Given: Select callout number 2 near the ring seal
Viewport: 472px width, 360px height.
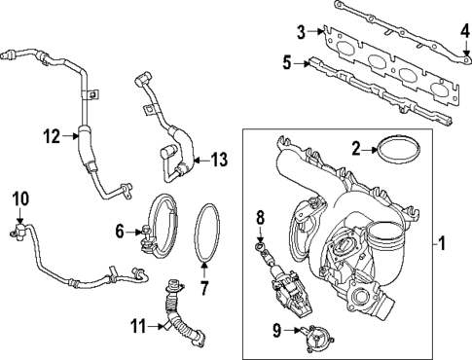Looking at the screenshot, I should pyautogui.click(x=356, y=148).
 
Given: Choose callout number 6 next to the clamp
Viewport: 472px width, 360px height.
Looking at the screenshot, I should pyautogui.click(x=120, y=231).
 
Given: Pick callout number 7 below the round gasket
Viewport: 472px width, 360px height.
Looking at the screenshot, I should pyautogui.click(x=204, y=287).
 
